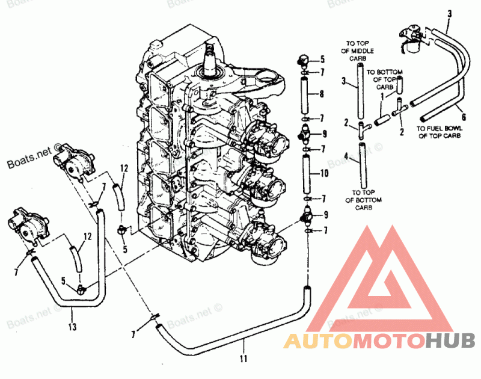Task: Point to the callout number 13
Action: coord(72,327)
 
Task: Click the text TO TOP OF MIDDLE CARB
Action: coord(360,50)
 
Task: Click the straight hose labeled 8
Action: coord(305,94)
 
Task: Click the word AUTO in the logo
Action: coord(317,341)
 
